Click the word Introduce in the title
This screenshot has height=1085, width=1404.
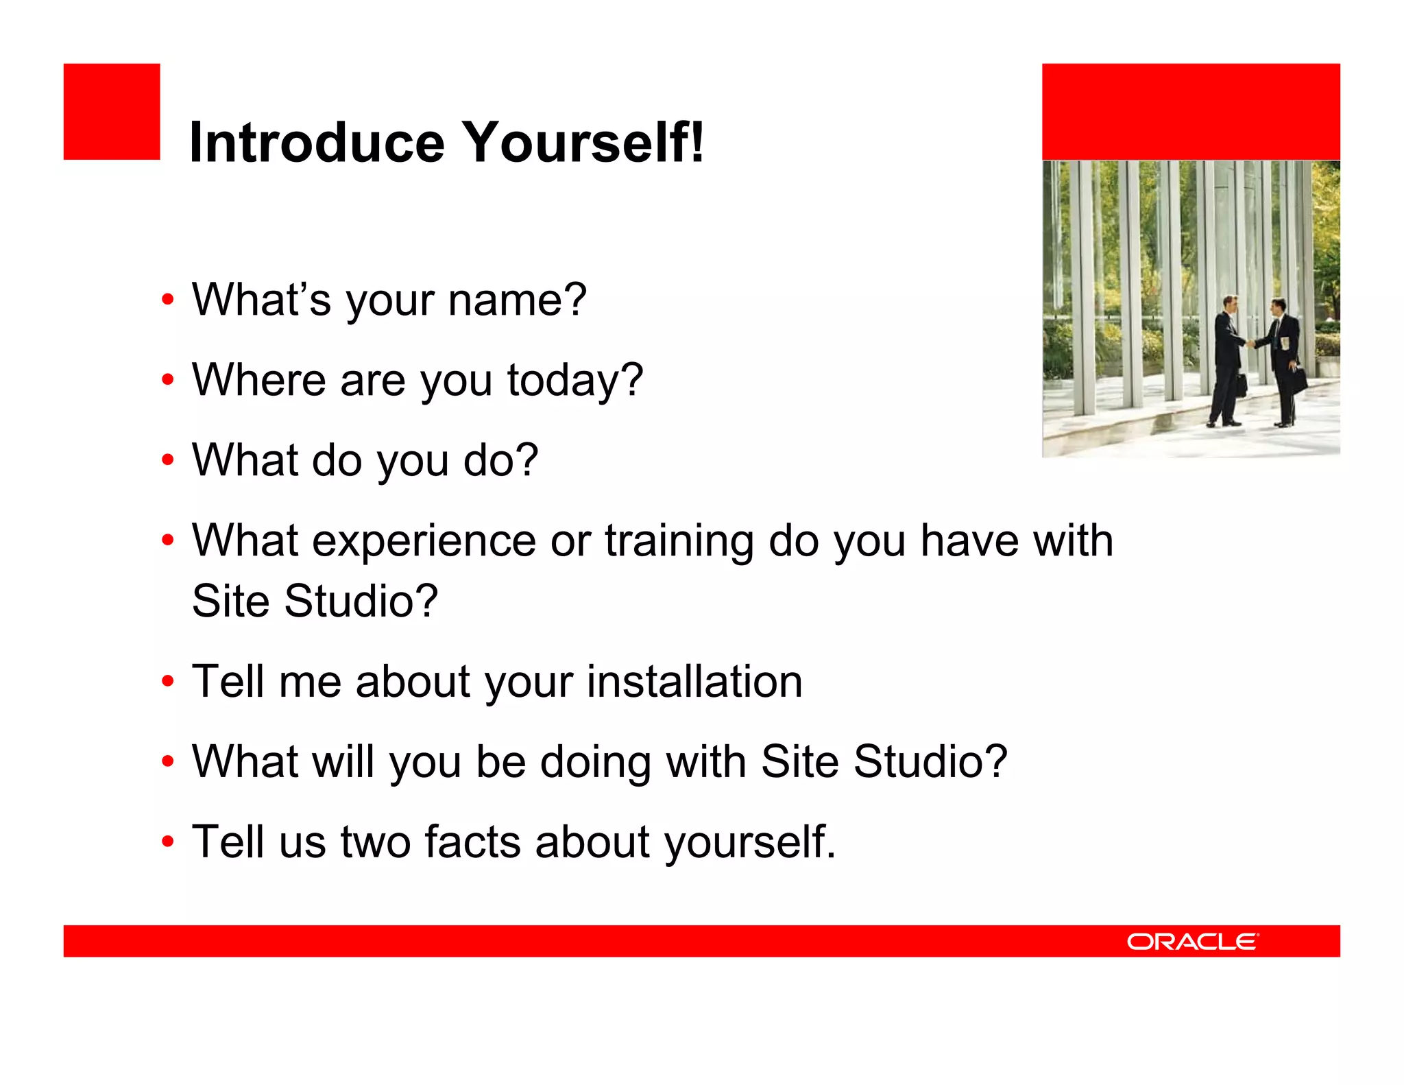tap(316, 142)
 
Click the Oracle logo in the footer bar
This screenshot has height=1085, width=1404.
tap(1192, 941)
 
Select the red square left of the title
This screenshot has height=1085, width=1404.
tap(112, 112)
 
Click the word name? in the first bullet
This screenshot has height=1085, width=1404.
tap(517, 300)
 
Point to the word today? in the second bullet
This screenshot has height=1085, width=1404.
tap(574, 380)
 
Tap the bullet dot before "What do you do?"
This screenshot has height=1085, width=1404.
tap(167, 460)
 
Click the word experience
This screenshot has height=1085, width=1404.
tap(424, 540)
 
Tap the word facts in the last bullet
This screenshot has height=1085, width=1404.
tap(472, 842)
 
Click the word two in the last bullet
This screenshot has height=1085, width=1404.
tap(376, 842)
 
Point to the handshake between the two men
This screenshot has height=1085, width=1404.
tap(1250, 342)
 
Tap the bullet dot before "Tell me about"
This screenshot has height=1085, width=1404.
tap(167, 682)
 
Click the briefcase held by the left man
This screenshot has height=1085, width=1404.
tap(1241, 385)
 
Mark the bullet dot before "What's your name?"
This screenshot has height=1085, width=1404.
tap(167, 300)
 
